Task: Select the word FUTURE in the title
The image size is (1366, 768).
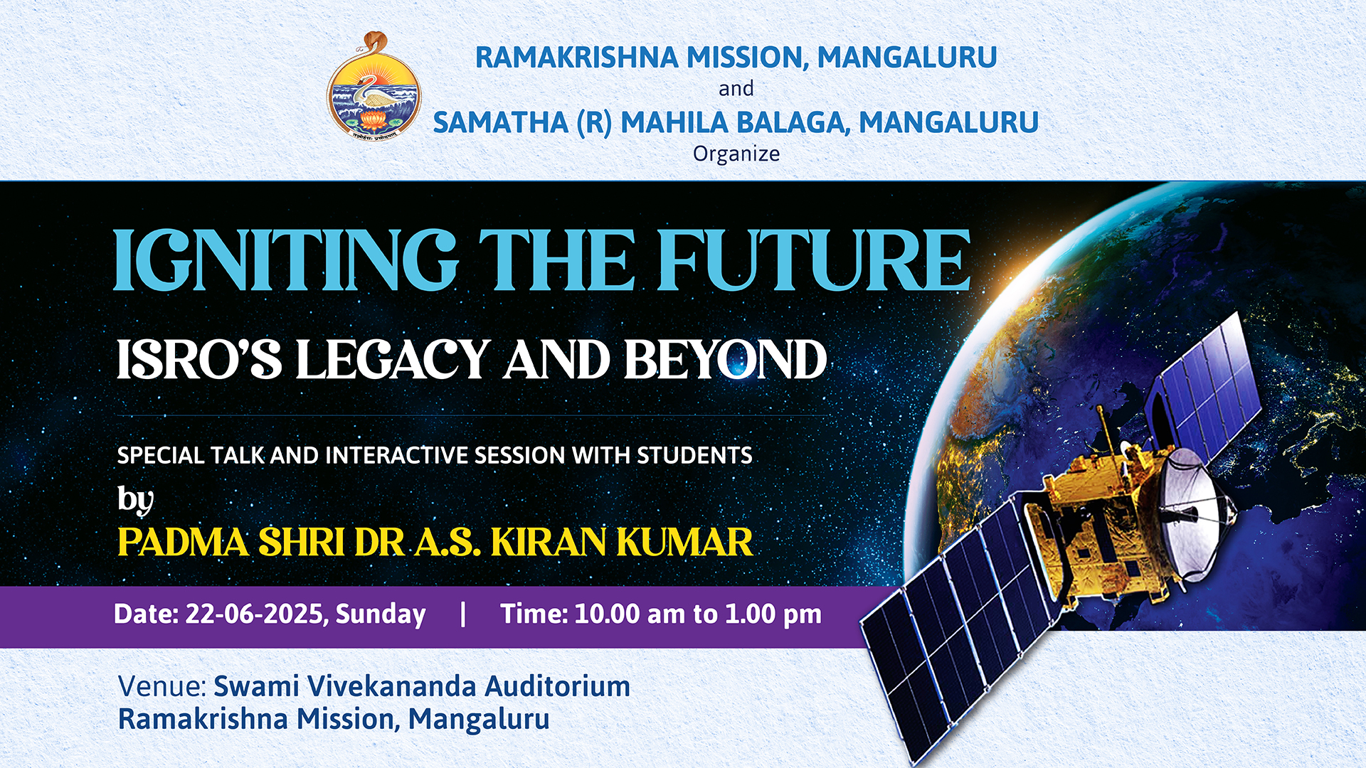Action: tap(814, 260)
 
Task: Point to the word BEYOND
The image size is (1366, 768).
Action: tap(726, 359)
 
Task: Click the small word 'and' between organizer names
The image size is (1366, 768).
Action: tap(736, 89)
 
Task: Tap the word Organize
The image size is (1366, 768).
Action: tap(736, 154)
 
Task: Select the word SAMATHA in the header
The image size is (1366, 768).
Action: tap(500, 122)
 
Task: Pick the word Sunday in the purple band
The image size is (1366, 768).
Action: tap(381, 614)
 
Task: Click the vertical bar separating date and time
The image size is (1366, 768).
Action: tap(463, 614)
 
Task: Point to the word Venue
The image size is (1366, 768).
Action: tap(162, 686)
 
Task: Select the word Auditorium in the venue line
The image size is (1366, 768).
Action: tap(557, 686)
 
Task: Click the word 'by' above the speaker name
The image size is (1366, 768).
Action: tap(135, 500)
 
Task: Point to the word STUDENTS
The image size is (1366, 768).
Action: tap(694, 455)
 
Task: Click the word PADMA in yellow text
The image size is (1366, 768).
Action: tap(184, 542)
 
